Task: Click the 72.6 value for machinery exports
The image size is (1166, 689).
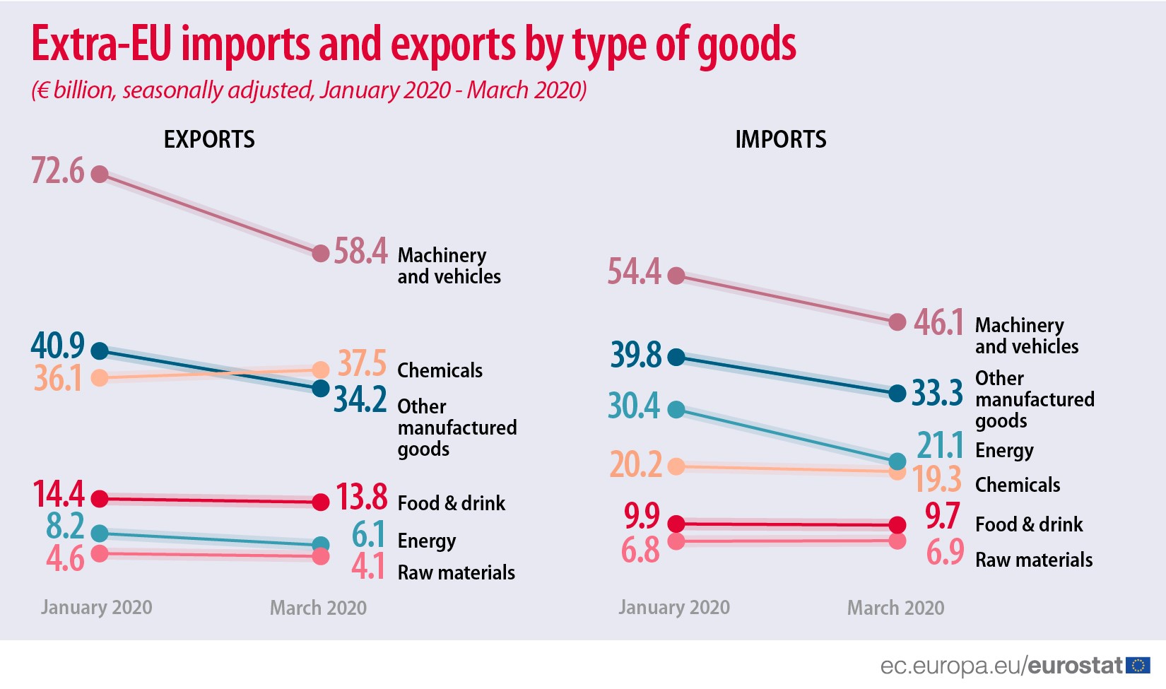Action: tap(57, 172)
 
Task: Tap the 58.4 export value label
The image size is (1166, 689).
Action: tap(360, 252)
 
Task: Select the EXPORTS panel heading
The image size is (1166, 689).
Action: tap(209, 139)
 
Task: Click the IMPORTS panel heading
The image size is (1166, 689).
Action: tap(780, 139)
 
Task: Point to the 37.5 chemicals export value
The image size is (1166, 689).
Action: tap(361, 363)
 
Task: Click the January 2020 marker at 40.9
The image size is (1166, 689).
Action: tap(100, 351)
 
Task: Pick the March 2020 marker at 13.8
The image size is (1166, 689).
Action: tap(321, 502)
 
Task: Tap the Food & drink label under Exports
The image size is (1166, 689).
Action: tap(451, 503)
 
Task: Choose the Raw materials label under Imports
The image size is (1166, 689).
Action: tap(1033, 560)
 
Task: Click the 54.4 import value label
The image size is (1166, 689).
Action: tap(634, 272)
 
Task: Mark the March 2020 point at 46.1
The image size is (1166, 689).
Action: tap(897, 322)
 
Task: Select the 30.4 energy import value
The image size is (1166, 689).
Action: tap(633, 406)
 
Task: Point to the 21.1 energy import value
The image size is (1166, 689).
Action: tap(940, 445)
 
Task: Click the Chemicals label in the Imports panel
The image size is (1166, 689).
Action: tap(1017, 485)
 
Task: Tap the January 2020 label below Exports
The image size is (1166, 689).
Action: tap(96, 607)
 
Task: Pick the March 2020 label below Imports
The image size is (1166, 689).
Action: tap(895, 608)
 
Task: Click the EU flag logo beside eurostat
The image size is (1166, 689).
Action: tap(1138, 665)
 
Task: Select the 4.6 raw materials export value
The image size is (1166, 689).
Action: tap(65, 559)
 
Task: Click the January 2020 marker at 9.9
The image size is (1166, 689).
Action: tap(676, 524)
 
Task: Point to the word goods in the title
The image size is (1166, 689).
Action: tap(746, 45)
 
